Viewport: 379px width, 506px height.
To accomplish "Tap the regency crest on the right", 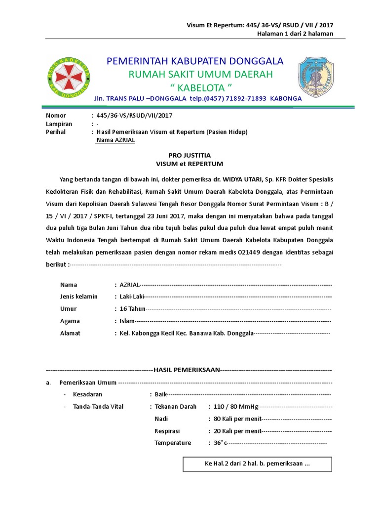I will click(x=316, y=77).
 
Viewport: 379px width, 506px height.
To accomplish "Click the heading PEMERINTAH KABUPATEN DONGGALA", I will click(x=195, y=61).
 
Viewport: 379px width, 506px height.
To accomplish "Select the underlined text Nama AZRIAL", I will click(x=115, y=140).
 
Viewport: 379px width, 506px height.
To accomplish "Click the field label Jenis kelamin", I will click(x=79, y=296).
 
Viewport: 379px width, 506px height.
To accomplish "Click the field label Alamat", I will click(x=70, y=333).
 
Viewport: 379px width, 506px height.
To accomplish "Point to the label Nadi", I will click(x=161, y=419).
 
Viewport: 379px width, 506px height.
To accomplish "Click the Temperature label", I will click(x=172, y=443).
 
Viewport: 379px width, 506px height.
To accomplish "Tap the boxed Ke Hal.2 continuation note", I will click(x=257, y=464).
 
